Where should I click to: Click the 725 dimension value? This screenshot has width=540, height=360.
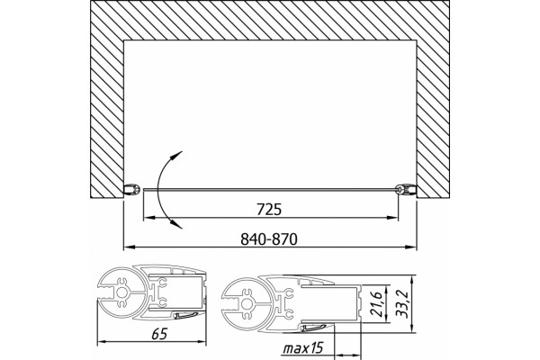(269, 210)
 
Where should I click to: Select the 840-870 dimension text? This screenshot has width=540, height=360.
(268, 238)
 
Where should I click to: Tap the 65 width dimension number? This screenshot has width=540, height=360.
(159, 334)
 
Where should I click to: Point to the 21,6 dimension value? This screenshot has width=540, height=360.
(378, 304)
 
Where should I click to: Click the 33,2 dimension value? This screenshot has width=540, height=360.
(402, 303)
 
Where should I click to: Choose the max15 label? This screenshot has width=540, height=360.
(303, 348)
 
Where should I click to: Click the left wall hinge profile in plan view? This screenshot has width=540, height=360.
(132, 190)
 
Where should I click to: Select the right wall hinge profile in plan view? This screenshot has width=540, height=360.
(406, 189)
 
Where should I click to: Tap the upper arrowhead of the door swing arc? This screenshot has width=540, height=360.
(177, 154)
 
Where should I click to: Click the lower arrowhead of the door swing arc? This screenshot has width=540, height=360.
(177, 225)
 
